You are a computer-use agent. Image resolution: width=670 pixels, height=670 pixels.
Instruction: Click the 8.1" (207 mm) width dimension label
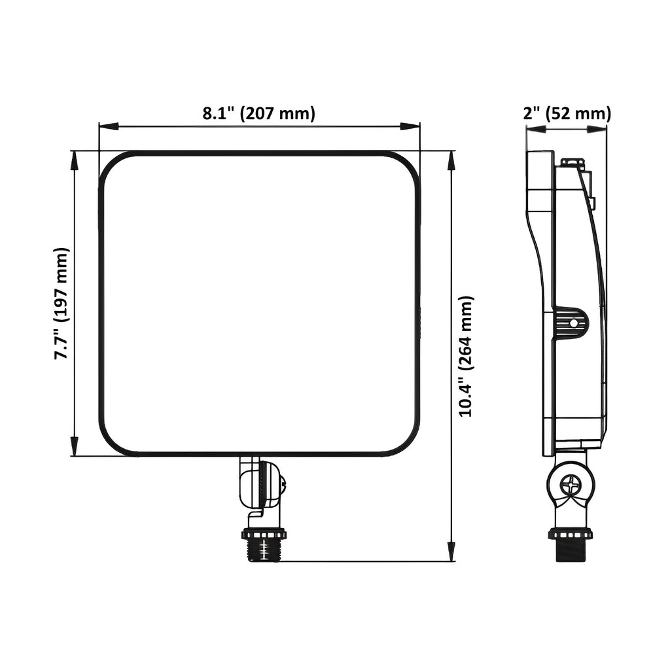(x=258, y=114)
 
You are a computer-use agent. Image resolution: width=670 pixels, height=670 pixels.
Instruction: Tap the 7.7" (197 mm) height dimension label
(x=61, y=304)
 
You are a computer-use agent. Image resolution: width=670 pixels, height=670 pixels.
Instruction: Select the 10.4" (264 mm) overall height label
(x=465, y=356)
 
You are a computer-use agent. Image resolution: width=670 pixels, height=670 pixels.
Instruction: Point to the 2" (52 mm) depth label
(x=567, y=114)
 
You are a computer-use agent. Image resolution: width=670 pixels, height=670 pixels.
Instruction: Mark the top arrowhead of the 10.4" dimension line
(x=450, y=161)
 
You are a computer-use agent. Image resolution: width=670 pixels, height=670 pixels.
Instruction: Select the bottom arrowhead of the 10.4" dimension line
(x=450, y=552)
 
